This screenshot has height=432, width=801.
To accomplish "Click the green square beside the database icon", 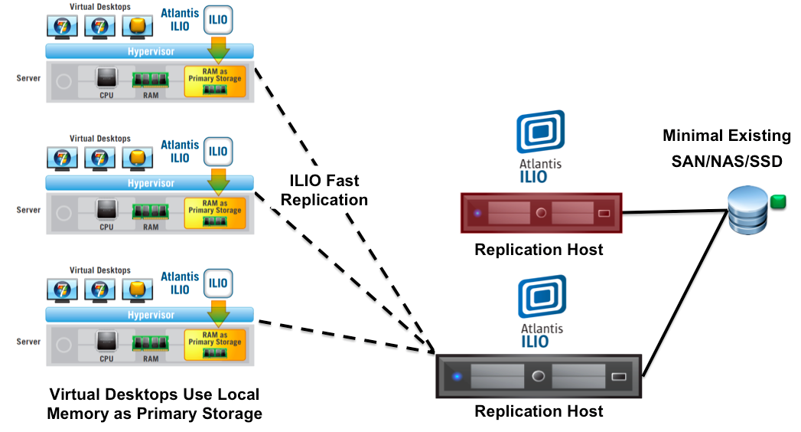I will pos(777,201).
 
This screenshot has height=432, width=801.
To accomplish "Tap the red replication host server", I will pos(541,213).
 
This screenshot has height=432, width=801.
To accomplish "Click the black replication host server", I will pos(539,376).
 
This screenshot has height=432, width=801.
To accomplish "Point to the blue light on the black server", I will pos(457,376).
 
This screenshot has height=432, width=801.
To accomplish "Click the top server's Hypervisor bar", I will pos(150,51).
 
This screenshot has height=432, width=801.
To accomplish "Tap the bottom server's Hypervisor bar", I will pos(150,315).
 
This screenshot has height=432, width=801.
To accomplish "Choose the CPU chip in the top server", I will pos(106,78).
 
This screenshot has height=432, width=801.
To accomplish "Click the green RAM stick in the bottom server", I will pos(151,342).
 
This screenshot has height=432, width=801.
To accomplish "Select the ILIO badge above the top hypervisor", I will pos(218,19).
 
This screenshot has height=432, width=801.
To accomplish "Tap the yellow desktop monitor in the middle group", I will pos(135,158).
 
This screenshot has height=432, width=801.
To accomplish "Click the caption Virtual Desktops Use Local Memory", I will pos(155,404).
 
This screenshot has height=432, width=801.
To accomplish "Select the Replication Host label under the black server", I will pos(539,411).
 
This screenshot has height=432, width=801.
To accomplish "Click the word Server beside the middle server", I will pos(28,209).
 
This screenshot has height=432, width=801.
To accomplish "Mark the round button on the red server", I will pos(541,214).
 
